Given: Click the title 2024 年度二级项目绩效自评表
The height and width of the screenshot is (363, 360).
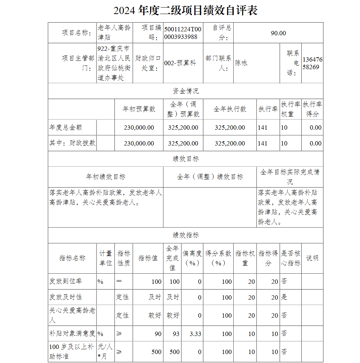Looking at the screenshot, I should [x=185, y=11].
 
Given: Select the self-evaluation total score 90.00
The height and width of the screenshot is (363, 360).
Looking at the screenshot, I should [x=278, y=33].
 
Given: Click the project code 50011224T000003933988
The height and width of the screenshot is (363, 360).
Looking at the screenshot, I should [x=183, y=33].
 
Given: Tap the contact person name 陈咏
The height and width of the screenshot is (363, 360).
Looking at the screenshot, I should [x=242, y=63].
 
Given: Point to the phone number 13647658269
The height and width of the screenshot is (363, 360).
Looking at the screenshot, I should [x=312, y=63].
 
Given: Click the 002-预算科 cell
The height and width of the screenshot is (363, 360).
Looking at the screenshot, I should [x=180, y=63].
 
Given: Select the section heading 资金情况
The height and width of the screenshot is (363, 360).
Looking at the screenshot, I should [x=185, y=91].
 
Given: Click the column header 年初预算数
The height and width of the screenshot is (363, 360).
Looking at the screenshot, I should [x=139, y=109].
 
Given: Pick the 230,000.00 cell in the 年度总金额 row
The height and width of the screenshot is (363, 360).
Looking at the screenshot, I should [x=139, y=127].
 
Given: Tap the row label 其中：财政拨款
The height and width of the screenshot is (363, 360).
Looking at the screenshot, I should [x=72, y=143].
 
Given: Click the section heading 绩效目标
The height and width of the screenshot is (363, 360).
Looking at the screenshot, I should [x=185, y=159].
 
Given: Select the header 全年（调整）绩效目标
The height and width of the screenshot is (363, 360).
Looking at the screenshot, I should [x=210, y=177].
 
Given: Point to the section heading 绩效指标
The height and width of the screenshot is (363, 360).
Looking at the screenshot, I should [x=185, y=235].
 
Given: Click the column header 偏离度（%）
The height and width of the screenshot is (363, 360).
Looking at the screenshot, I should [x=192, y=258].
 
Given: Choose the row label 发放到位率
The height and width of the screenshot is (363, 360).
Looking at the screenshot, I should [x=66, y=282].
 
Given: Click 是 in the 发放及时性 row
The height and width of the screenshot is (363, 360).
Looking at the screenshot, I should [x=284, y=297].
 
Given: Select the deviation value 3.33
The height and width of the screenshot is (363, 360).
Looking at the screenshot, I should [x=195, y=334].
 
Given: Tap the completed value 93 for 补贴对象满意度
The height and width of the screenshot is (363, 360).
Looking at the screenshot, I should [x=176, y=334].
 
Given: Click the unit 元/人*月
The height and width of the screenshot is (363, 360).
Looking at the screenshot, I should [x=105, y=351].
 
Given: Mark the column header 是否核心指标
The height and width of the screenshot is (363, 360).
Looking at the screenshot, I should [x=291, y=258].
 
